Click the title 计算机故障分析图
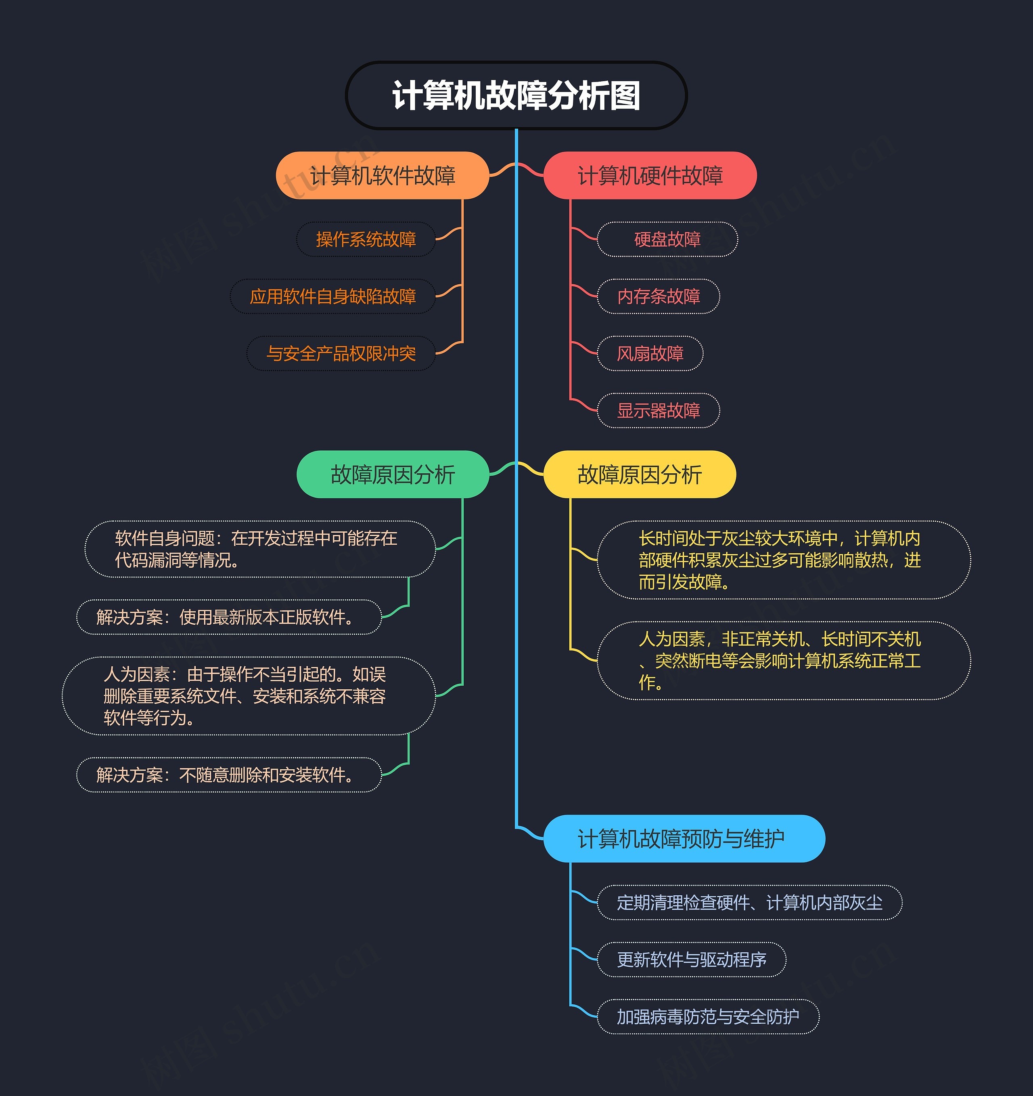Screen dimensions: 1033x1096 [516, 95]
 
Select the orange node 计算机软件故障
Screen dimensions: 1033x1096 [383, 175]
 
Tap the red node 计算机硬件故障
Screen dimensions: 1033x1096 [650, 175]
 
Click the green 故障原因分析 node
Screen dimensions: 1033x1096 [393, 475]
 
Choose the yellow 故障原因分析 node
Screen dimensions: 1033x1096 [640, 475]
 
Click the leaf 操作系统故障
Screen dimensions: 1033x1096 [366, 239]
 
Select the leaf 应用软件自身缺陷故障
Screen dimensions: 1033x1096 [333, 296]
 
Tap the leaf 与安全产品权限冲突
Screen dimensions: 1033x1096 [341, 353]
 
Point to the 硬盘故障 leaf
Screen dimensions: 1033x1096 [667, 239]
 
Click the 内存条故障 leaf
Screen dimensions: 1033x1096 [659, 296]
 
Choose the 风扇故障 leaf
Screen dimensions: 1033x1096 [650, 353]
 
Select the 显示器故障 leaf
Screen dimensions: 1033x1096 [659, 411]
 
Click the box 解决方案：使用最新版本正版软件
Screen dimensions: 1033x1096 [229, 617]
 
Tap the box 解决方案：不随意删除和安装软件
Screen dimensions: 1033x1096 [229, 775]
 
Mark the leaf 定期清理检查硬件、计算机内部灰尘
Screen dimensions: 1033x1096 [749, 903]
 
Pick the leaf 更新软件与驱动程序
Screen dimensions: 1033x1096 [691, 960]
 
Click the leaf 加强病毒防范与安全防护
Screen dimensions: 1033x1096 [708, 1016]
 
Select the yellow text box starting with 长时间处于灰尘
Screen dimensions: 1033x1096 [784, 560]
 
